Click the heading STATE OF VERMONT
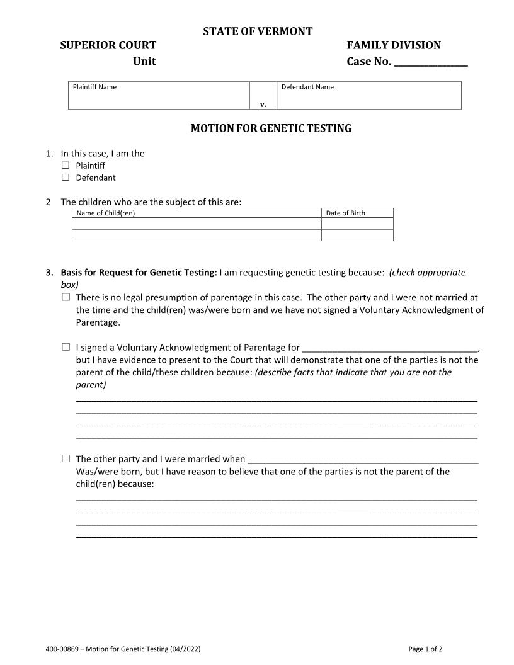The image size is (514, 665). [x=257, y=31]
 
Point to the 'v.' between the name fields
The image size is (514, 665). [x=263, y=105]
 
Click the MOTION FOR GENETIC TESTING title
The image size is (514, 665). [x=271, y=128]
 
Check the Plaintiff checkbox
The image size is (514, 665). [x=66, y=166]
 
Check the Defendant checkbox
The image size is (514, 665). [x=66, y=178]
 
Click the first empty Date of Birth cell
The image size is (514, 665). [x=357, y=224]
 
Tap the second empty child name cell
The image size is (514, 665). [x=197, y=235]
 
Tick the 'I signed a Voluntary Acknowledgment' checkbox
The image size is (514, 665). [x=66, y=347]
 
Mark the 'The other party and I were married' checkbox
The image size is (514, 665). [x=66, y=459]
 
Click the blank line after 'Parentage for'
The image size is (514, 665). [x=390, y=348]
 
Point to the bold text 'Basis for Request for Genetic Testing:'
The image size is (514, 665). [x=139, y=273]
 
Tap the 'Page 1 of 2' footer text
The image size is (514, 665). [x=425, y=649]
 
